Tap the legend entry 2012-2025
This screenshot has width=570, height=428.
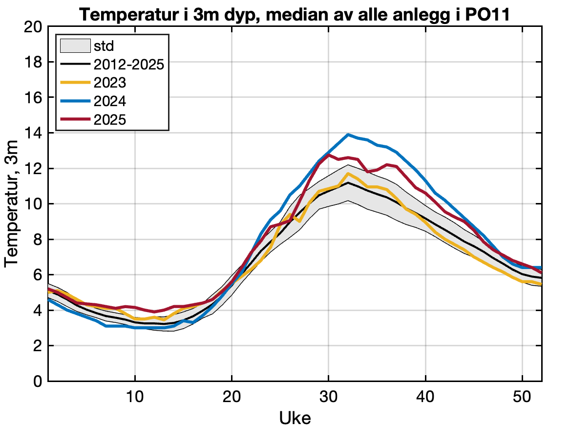coord(128,65)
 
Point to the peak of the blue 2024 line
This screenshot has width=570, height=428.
coord(348,135)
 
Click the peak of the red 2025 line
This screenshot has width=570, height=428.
coord(329,155)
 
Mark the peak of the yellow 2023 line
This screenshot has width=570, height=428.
coord(348,173)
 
